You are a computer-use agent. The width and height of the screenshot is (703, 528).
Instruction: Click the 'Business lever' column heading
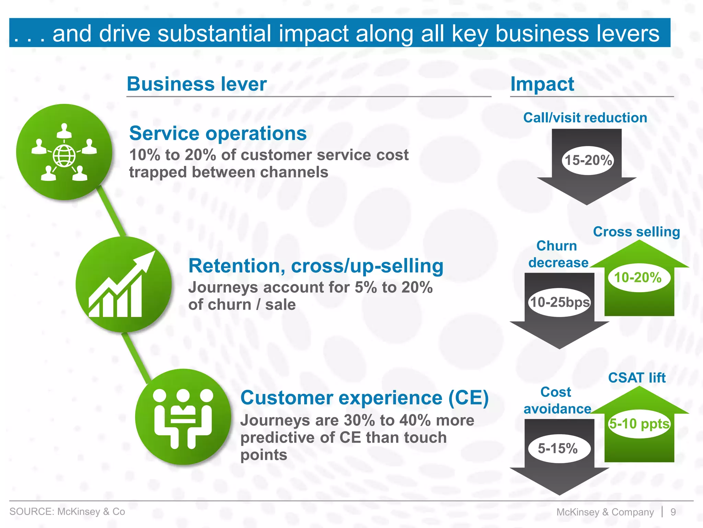point(197,84)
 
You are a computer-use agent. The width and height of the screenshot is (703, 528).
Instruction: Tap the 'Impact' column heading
point(542,84)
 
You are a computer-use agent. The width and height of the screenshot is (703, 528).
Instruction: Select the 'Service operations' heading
point(218,133)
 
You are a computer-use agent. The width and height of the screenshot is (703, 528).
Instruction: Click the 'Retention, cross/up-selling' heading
point(316,266)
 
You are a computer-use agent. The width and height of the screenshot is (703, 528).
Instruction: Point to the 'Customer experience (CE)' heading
point(364,398)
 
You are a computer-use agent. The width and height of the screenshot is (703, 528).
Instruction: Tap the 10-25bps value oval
point(560,302)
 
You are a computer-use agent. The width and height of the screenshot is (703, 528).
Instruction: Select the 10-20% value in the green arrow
point(638,277)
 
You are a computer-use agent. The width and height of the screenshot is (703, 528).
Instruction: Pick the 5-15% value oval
point(558,448)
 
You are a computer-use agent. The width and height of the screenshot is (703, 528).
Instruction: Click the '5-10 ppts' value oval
point(639,423)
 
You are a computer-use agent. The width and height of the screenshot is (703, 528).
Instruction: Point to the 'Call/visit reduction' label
point(585,118)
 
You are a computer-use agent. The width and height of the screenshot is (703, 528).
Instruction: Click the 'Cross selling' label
point(636,232)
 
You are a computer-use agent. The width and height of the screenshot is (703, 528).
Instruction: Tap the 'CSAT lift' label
point(637,378)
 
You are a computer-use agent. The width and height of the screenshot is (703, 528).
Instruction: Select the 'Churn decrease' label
point(558,254)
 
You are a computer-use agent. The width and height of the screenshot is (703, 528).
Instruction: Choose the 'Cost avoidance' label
point(557,400)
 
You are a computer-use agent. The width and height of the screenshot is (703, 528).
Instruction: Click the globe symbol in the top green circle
point(64,156)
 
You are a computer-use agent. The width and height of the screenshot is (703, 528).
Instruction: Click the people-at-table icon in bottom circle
point(183,418)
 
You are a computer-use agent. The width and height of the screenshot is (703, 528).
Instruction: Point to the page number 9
point(673,512)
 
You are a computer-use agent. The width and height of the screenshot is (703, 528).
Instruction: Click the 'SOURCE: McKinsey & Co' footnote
point(67,511)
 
